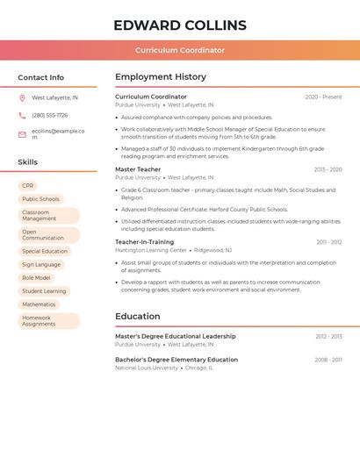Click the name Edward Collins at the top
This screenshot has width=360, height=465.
click(180, 25)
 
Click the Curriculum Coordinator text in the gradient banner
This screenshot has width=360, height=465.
click(180, 50)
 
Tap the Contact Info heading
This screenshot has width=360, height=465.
click(41, 77)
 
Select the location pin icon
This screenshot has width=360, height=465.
click(22, 97)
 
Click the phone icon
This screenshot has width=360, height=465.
click(22, 116)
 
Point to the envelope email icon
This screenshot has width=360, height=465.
click(22, 134)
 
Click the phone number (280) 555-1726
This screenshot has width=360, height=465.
click(50, 116)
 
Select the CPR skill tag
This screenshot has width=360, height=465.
click(28, 186)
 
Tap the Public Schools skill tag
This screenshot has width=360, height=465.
click(40, 199)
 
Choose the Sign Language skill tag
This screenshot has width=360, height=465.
click(41, 264)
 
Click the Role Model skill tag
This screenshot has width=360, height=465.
click(36, 277)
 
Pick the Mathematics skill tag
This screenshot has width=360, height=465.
click(39, 304)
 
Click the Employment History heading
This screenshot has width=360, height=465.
click(161, 77)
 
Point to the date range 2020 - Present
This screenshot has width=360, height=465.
click(323, 97)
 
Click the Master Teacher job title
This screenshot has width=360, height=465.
click(138, 169)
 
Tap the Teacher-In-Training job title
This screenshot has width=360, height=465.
click(144, 242)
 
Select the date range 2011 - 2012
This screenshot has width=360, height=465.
click(329, 242)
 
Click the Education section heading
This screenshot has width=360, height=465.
click(138, 317)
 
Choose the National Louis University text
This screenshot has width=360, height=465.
click(148, 368)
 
